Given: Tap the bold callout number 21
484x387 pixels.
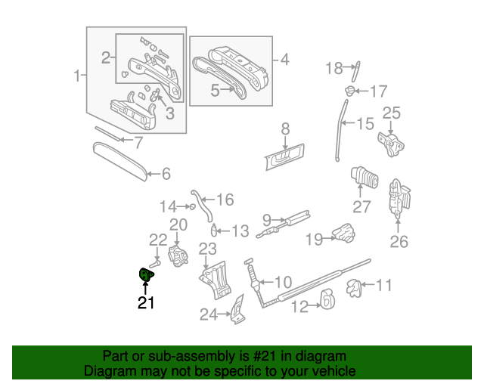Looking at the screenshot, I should [145, 303].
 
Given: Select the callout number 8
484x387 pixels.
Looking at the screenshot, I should [285, 128].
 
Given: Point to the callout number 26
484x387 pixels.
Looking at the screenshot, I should [398, 242].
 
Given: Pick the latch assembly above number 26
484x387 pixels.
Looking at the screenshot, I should [398, 198].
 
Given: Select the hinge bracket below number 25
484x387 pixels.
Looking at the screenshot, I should [391, 143].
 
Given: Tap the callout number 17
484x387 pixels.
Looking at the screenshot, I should [377, 91].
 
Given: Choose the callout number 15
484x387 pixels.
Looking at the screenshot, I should [365, 124].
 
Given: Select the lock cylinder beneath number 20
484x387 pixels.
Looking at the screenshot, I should [178, 255].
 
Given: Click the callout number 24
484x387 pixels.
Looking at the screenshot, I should [209, 314].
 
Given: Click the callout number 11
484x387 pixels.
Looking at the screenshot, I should [384, 286].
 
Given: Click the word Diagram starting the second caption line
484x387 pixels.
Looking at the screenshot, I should [108, 371].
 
